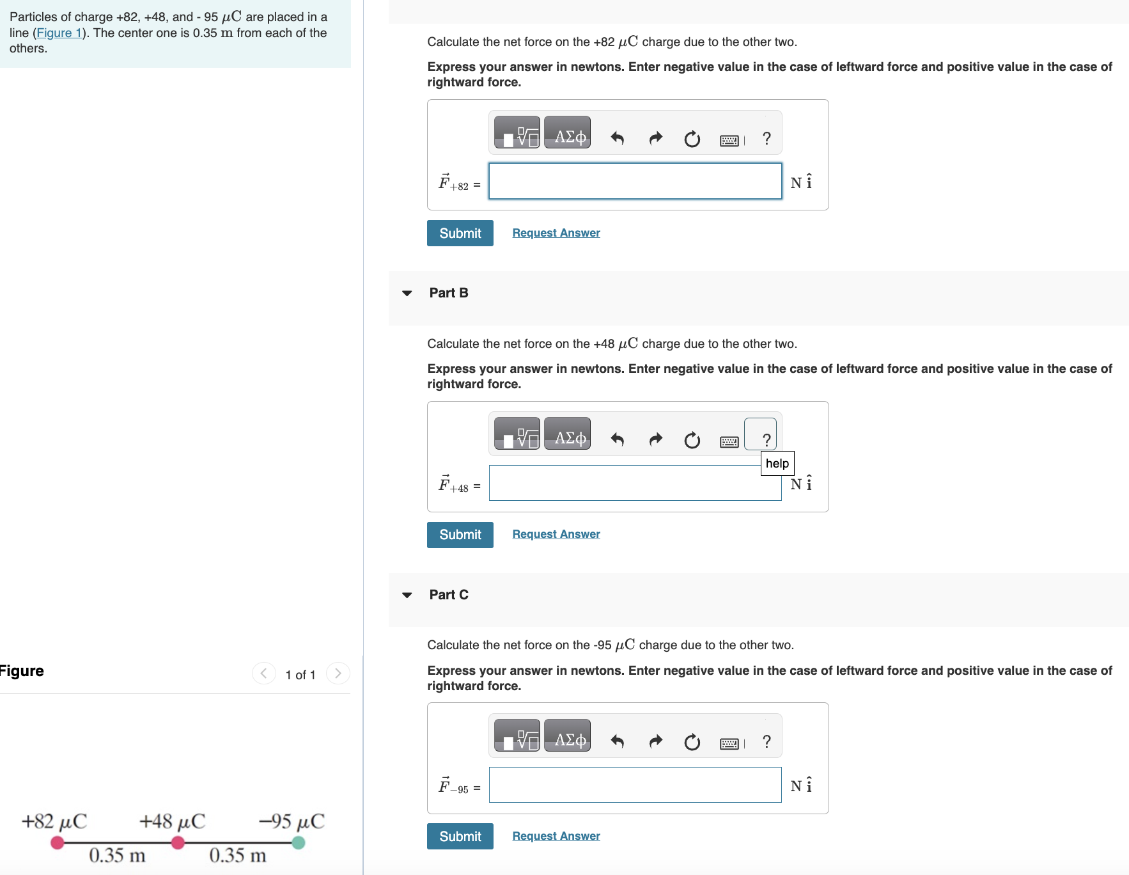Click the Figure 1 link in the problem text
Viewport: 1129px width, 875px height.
pyautogui.click(x=59, y=33)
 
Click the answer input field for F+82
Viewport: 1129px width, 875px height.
pyautogui.click(x=635, y=181)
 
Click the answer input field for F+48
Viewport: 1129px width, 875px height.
pyautogui.click(x=635, y=483)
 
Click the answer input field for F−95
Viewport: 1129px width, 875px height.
pyautogui.click(x=635, y=785)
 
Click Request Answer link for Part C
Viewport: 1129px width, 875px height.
pyautogui.click(x=556, y=836)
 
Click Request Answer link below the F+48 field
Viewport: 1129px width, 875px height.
pyautogui.click(x=556, y=534)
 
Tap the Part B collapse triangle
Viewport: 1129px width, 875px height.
pyautogui.click(x=407, y=293)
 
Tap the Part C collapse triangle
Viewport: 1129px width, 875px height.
pyautogui.click(x=407, y=595)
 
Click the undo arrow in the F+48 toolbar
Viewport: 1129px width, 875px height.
pyautogui.click(x=617, y=439)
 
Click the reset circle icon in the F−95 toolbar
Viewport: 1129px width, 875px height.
pyautogui.click(x=692, y=742)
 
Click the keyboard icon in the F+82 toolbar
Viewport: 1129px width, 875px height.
pyautogui.click(x=729, y=140)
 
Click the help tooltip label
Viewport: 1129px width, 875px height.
pyautogui.click(x=777, y=463)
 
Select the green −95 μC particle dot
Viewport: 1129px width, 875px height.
pyautogui.click(x=298, y=843)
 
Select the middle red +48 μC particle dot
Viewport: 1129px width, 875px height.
pyautogui.click(x=178, y=843)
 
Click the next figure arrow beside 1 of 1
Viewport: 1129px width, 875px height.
pyautogui.click(x=338, y=674)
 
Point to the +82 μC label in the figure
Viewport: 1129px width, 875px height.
pyautogui.click(x=54, y=821)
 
